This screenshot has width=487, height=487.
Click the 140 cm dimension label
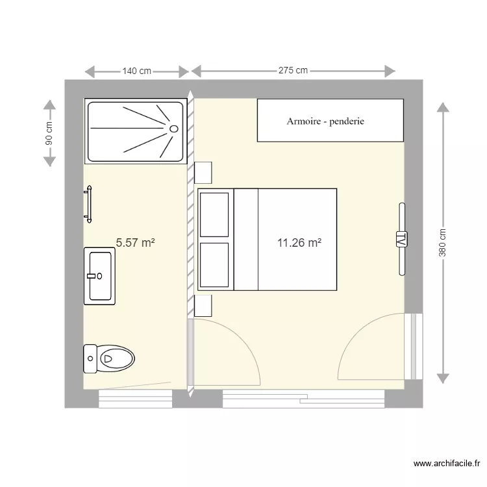(x=136, y=71)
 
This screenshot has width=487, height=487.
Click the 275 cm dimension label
(x=293, y=71)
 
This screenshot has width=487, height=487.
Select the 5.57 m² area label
(x=135, y=243)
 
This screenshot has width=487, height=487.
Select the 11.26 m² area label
(x=299, y=243)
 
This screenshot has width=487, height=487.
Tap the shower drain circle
(x=173, y=129)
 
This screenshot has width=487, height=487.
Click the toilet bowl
(x=115, y=357)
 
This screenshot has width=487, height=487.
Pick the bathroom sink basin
(x=101, y=276)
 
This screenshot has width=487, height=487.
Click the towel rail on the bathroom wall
(x=88, y=205)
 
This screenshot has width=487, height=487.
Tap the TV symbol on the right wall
(x=401, y=238)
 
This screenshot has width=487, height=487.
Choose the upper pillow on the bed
(x=214, y=214)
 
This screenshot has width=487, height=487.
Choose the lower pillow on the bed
(x=214, y=264)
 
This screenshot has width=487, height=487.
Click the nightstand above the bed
(x=204, y=172)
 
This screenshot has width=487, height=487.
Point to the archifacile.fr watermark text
(x=447, y=464)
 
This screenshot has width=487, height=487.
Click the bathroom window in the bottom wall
(x=135, y=399)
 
